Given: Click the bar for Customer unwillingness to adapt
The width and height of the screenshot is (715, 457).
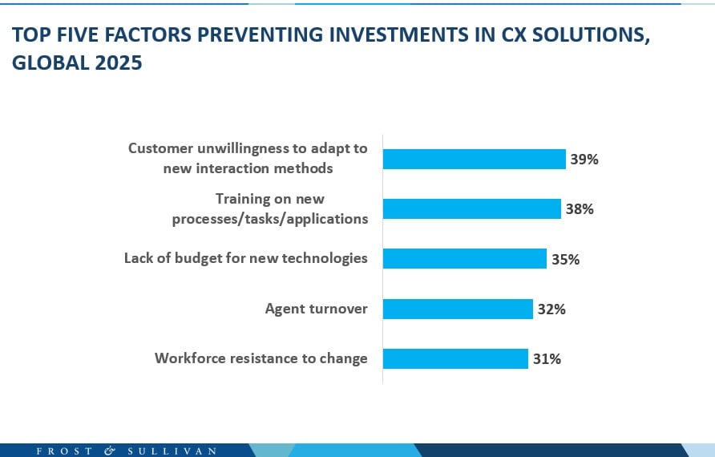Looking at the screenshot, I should [474, 159].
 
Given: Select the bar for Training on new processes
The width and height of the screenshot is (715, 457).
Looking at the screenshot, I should [471, 209].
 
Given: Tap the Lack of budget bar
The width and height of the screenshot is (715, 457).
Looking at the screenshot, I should [464, 259].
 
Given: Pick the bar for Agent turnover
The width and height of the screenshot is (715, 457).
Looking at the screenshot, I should [458, 309].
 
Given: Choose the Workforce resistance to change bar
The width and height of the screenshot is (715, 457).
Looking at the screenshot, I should [455, 358].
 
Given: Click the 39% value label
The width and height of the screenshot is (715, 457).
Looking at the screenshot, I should [584, 159].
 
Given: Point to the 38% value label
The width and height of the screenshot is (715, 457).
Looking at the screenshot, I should [579, 209].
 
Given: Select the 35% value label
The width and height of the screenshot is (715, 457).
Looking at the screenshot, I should [565, 259].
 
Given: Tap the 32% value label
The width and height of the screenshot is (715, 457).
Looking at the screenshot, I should [551, 309].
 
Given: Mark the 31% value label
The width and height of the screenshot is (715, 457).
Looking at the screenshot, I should [547, 358].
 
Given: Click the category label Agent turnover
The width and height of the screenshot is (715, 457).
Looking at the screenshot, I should [316, 309].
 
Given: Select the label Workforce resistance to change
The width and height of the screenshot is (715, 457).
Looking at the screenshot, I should [261, 358].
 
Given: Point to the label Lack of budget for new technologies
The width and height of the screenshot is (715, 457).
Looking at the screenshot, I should [245, 258].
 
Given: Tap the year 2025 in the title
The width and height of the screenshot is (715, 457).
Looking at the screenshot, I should [119, 63].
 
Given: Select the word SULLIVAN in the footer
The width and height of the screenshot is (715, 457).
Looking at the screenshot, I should [172, 451].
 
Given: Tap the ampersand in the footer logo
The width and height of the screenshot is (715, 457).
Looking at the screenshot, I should [111, 451].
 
